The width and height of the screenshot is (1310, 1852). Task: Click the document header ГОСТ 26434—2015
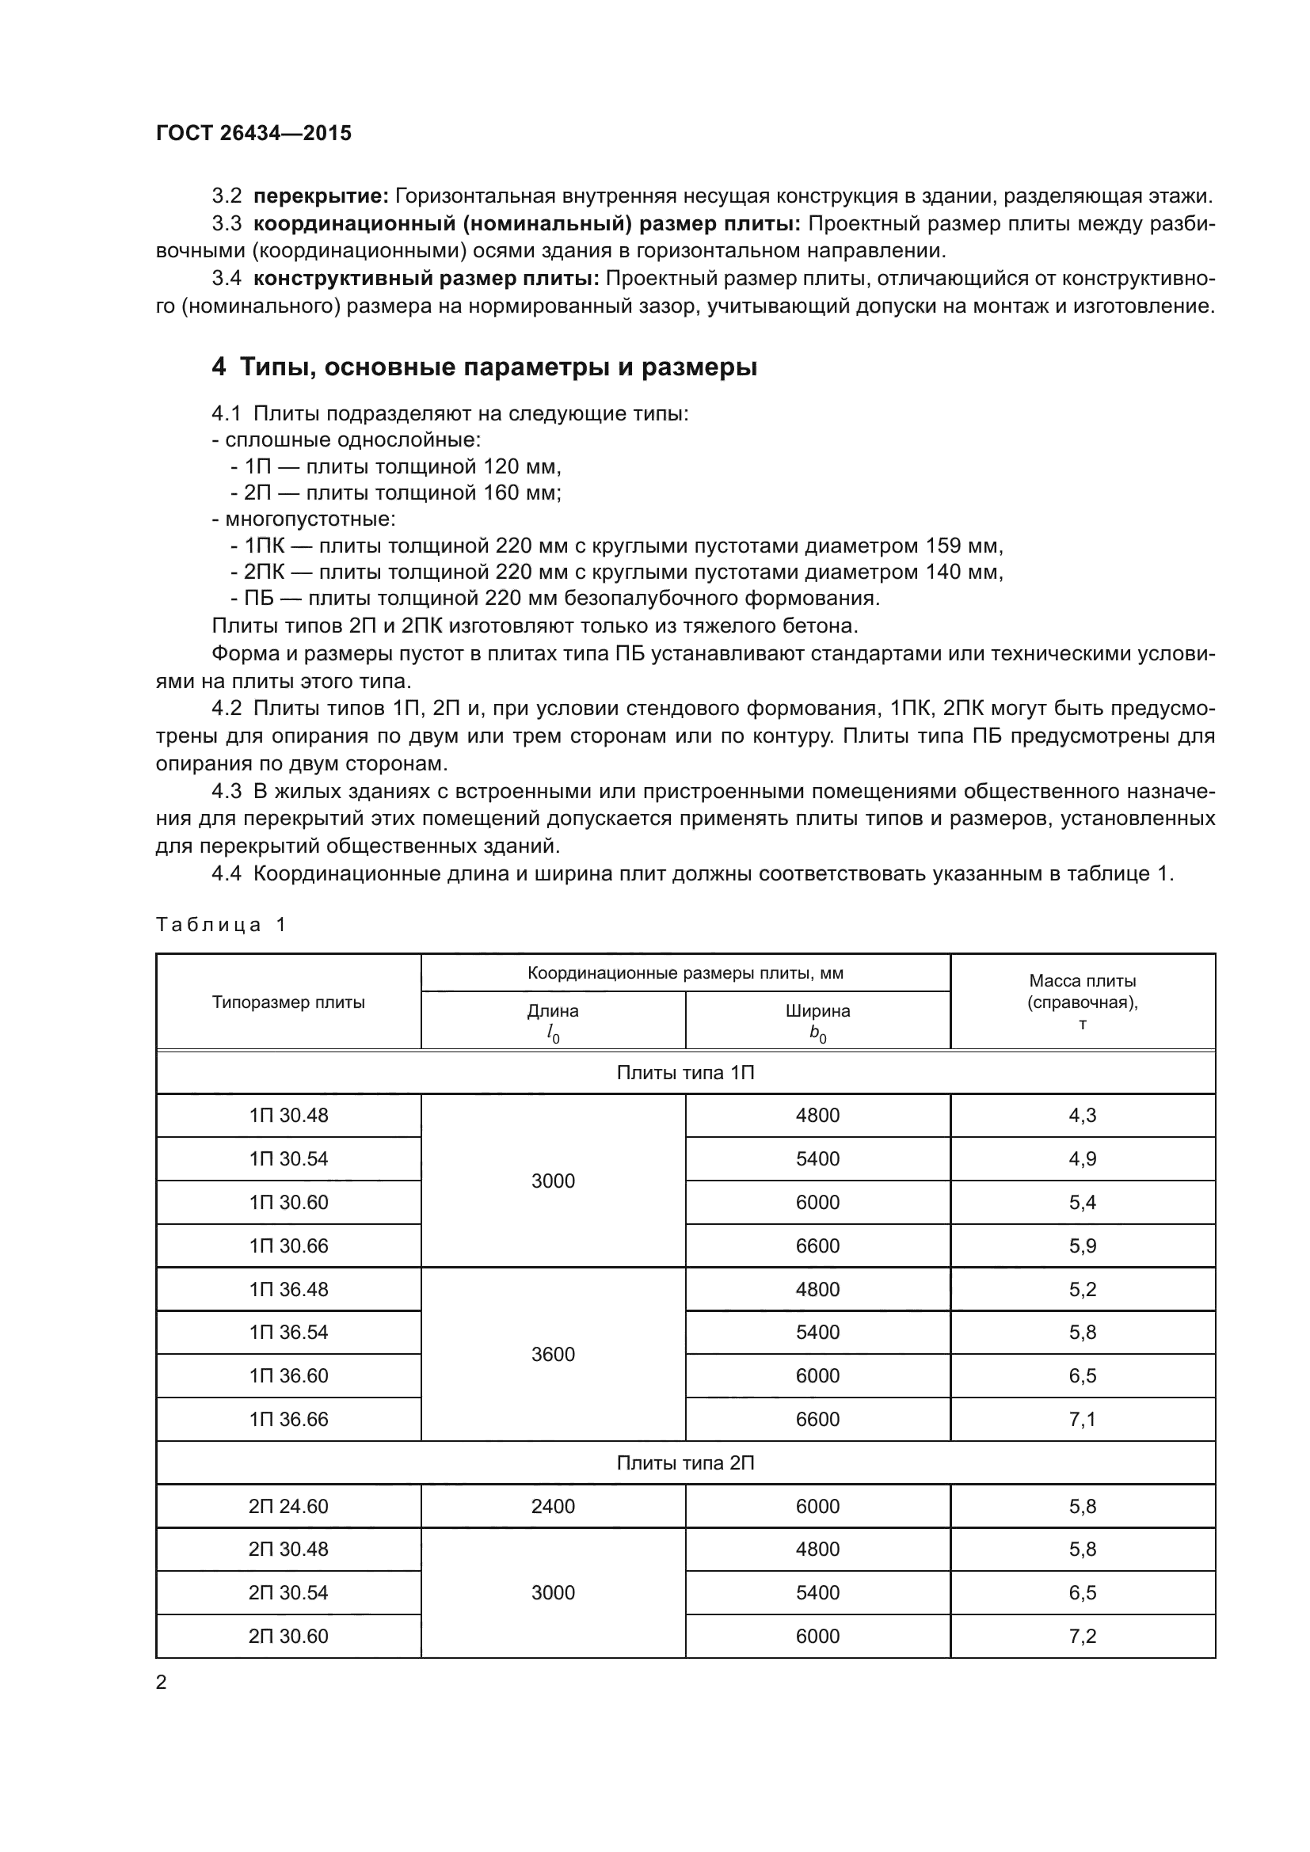coord(254,133)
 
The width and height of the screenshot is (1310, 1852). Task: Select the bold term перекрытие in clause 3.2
coord(321,196)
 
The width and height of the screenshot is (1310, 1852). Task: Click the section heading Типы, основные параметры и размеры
coord(498,368)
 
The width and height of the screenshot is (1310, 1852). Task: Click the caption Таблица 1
coord(221,924)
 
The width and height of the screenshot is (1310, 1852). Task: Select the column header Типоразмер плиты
coord(289,1002)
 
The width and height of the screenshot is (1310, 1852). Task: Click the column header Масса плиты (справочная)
coord(1083,1001)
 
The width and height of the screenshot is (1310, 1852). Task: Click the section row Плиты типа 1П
coord(686,1073)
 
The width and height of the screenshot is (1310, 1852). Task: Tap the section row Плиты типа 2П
coord(686,1463)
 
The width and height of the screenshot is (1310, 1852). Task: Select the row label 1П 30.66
coord(289,1246)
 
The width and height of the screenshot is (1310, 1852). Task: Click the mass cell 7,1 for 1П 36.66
coord(1083,1420)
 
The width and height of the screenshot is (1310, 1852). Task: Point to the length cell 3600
coord(553,1354)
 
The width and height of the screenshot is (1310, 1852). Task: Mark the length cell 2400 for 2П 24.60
coord(553,1507)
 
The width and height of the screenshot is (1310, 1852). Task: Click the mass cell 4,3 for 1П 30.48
coord(1083,1116)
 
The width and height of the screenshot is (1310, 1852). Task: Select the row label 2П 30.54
coord(289,1593)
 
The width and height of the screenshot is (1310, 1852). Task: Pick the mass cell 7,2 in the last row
coord(1083,1637)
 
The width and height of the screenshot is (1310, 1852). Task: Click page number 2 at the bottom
coord(162,1683)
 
